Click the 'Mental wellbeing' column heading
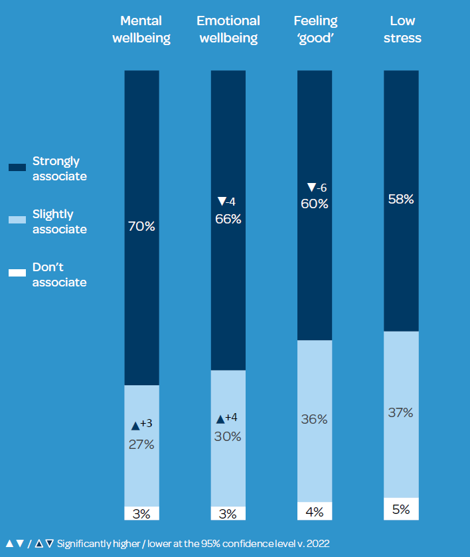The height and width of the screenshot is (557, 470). pos(141,30)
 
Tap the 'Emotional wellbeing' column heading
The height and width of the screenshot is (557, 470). pos(228,30)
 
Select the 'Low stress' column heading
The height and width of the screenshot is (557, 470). pos(402,30)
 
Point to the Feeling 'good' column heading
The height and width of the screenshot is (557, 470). pos(315,30)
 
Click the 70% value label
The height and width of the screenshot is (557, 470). pos(141,227)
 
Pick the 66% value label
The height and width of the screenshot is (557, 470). pos(228,219)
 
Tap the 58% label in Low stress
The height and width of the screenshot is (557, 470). pos(401,199)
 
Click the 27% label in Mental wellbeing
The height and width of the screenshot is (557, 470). pos(141,445)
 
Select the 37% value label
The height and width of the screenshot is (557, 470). pos(401,412)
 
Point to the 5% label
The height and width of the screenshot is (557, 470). pos(401,509)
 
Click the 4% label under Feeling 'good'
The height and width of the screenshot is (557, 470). pos(315,511)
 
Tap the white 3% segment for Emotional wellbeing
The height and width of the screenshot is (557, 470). pos(228,514)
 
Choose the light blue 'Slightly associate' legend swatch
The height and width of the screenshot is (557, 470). pos(17,220)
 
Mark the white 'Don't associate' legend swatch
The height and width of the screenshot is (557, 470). pos(17,273)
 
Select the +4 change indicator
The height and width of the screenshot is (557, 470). pos(231,418)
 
